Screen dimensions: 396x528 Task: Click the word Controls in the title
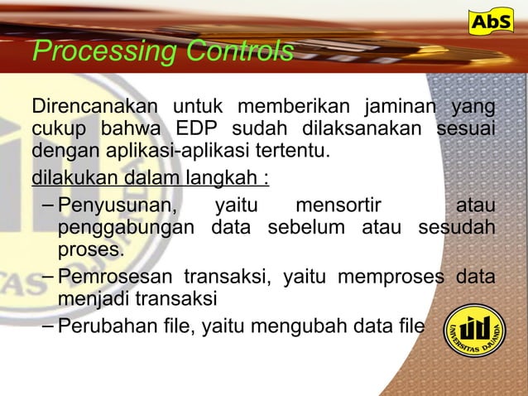[x=239, y=52]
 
